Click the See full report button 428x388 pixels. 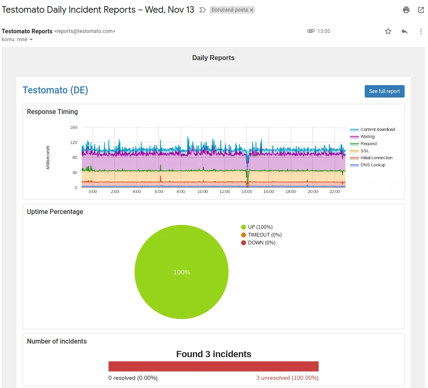[384, 91]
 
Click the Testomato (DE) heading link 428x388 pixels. [55, 90]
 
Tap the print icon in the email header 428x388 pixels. [406, 10]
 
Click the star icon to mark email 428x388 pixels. [388, 31]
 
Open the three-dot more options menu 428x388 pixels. [421, 31]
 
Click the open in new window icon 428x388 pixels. [421, 10]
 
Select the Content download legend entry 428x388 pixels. [377, 129]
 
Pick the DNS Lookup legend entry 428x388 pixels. [373, 165]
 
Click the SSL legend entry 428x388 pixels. [364, 151]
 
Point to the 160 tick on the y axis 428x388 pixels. [74, 128]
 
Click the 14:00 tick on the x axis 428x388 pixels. [247, 192]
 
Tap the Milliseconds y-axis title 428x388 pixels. [48, 158]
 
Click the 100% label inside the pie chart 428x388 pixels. [182, 272]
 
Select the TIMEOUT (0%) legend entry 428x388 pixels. [264, 235]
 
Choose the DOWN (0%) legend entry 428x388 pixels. [261, 243]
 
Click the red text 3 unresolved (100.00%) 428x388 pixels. [287, 378]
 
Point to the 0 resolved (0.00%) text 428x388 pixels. [133, 378]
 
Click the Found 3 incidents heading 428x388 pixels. [214, 354]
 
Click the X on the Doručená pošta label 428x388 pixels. [251, 10]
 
